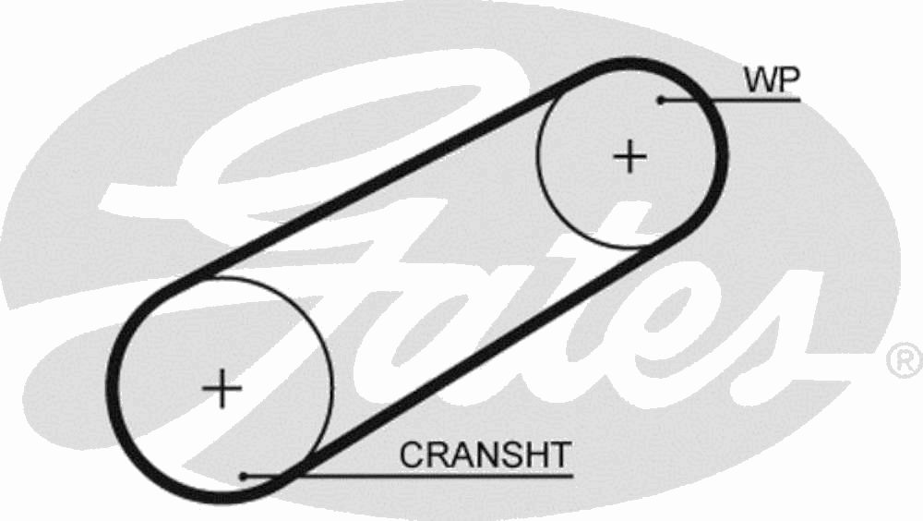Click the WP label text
click(x=772, y=80)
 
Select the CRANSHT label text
click(x=485, y=455)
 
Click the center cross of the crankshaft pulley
click(x=222, y=388)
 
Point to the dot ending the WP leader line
click(x=661, y=100)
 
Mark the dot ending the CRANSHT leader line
click(x=243, y=476)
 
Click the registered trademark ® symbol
click(x=905, y=360)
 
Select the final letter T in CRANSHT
click(x=559, y=455)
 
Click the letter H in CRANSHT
click(x=533, y=455)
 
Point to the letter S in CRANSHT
click(x=509, y=455)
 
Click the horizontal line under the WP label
click(x=730, y=100)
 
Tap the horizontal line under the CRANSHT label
click(x=408, y=475)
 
